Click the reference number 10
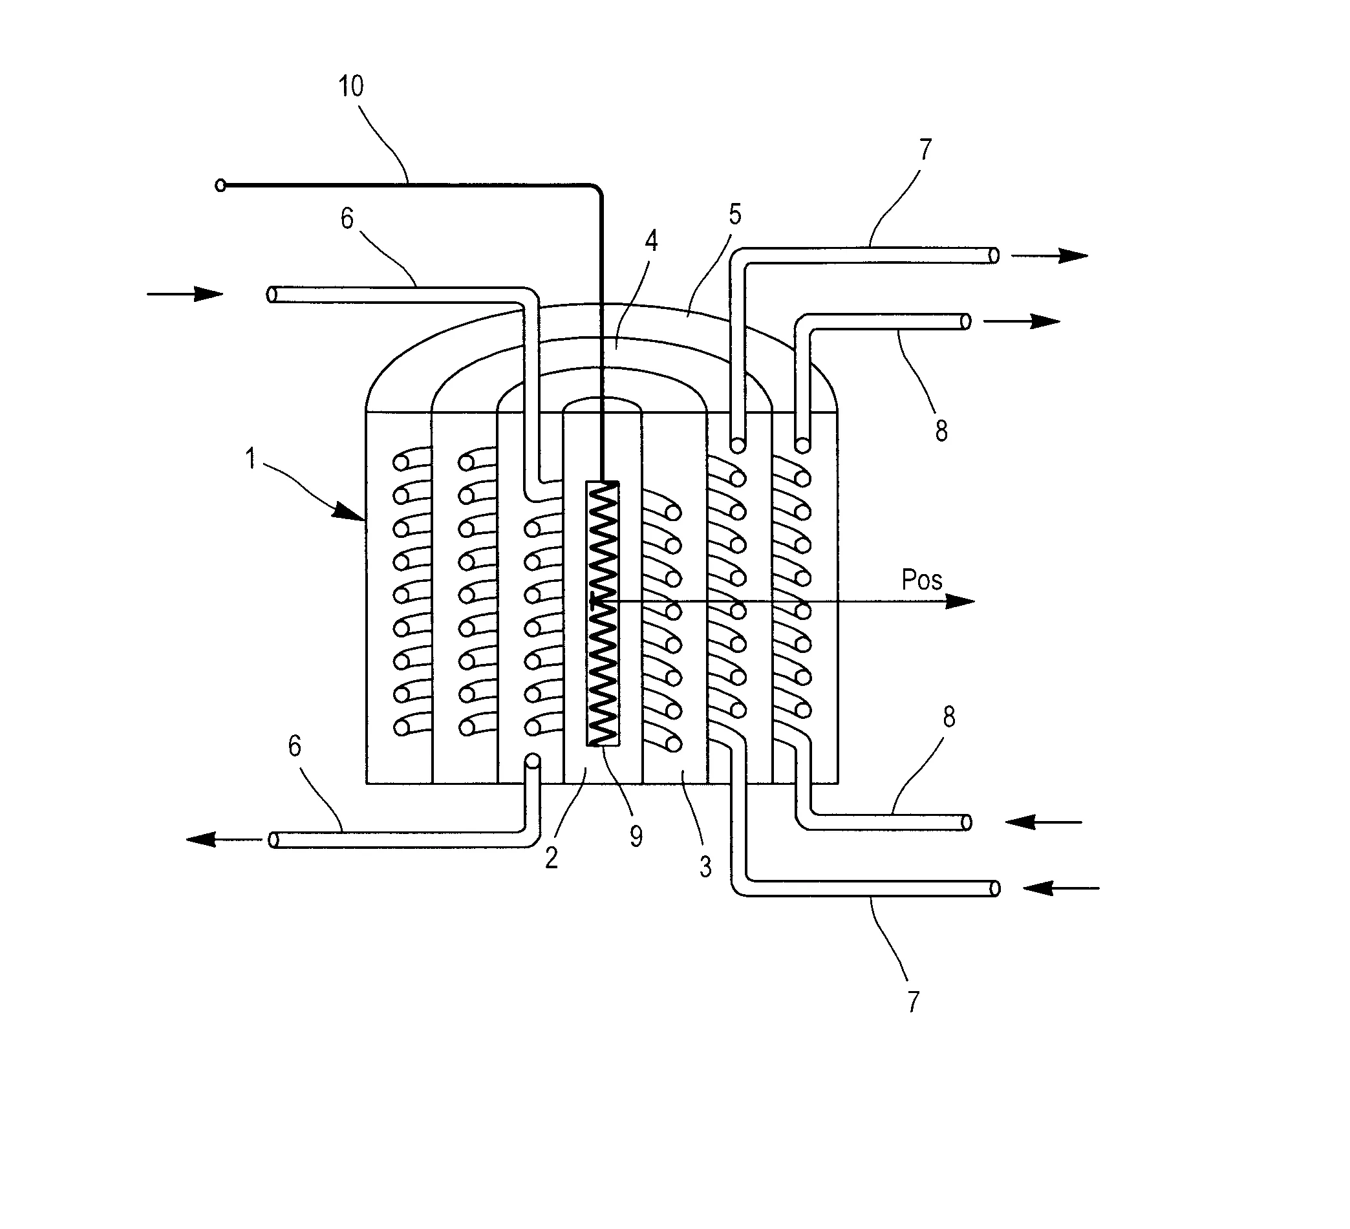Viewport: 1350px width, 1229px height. point(351,87)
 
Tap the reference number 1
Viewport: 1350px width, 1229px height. point(250,460)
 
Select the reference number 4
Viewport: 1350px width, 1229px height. point(651,241)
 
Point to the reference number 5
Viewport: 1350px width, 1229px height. point(735,215)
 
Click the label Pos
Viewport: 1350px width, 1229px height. point(921,580)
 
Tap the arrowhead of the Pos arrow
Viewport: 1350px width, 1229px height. point(960,601)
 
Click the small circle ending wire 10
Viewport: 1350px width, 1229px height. point(220,186)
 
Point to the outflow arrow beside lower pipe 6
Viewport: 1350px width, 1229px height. point(224,839)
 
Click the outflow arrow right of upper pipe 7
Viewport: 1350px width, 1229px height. point(1049,255)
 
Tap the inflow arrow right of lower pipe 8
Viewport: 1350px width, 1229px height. point(1044,822)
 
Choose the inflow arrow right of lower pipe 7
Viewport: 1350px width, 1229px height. point(1062,888)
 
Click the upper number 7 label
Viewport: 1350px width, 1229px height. point(925,150)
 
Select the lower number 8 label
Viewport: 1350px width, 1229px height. point(949,718)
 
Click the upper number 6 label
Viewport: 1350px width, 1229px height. point(347,219)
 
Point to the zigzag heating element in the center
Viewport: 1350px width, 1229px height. point(602,613)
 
